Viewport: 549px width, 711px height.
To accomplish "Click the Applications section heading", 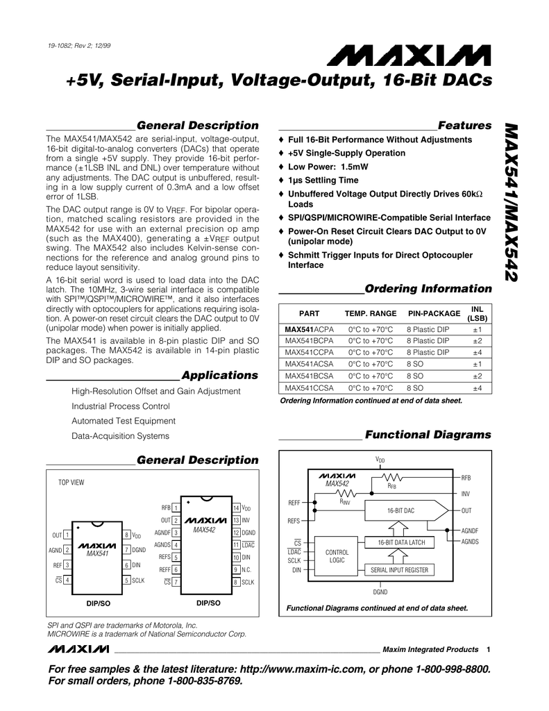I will (219, 376).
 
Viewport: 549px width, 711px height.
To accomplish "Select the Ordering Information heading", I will (428, 289).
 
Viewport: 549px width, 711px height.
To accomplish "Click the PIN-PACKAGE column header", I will (434, 313).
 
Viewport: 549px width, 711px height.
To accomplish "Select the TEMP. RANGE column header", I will (371, 313).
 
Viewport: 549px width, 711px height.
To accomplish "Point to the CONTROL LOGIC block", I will (337, 555).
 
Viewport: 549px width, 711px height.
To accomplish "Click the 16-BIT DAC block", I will (400, 511).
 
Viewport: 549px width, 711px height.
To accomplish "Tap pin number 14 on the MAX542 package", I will (236, 508).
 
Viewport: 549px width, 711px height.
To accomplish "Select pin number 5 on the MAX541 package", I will (126, 580).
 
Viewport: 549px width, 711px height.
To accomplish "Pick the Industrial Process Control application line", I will (121, 406).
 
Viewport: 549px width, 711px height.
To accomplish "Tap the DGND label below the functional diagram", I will (380, 592).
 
